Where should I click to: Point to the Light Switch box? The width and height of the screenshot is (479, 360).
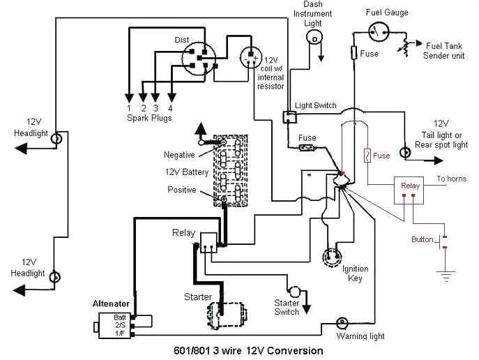[x=288, y=117]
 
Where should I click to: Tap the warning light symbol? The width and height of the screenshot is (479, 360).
[x=342, y=323]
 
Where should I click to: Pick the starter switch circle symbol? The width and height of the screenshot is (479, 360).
[x=294, y=290]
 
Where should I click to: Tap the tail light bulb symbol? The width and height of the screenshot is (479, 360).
[x=404, y=151]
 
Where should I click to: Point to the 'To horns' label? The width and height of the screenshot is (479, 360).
[x=451, y=179]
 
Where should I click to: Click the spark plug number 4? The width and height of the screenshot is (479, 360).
[x=170, y=107]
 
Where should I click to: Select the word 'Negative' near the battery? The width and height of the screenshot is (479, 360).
[x=180, y=155]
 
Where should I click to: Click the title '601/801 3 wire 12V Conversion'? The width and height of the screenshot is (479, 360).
[x=248, y=351]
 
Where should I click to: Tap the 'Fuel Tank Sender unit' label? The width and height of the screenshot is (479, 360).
[x=444, y=50]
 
